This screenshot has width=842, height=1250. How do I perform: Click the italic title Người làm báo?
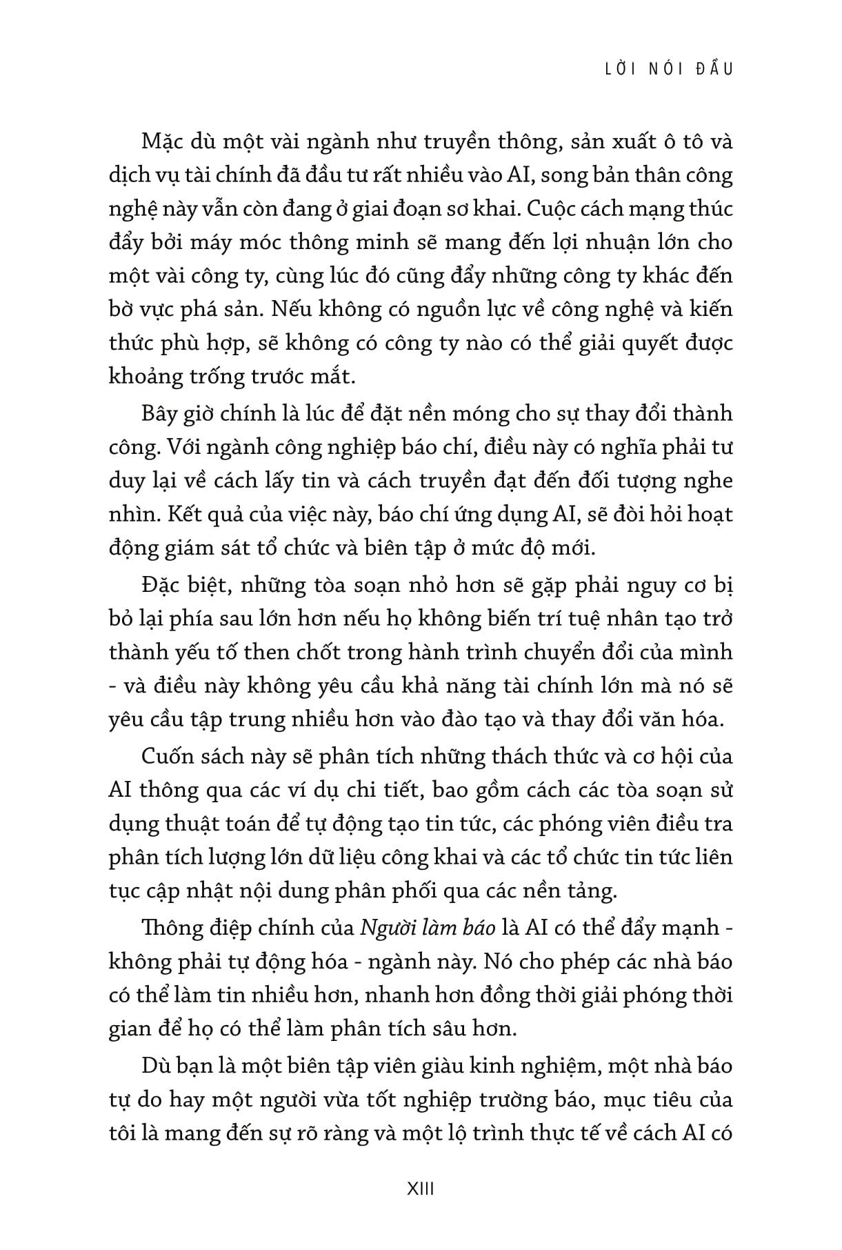point(428,928)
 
